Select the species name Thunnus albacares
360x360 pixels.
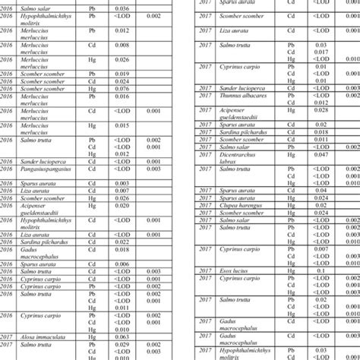coord(240,96)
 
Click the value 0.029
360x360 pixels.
coord(122,344)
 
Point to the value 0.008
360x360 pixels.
coord(122,45)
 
